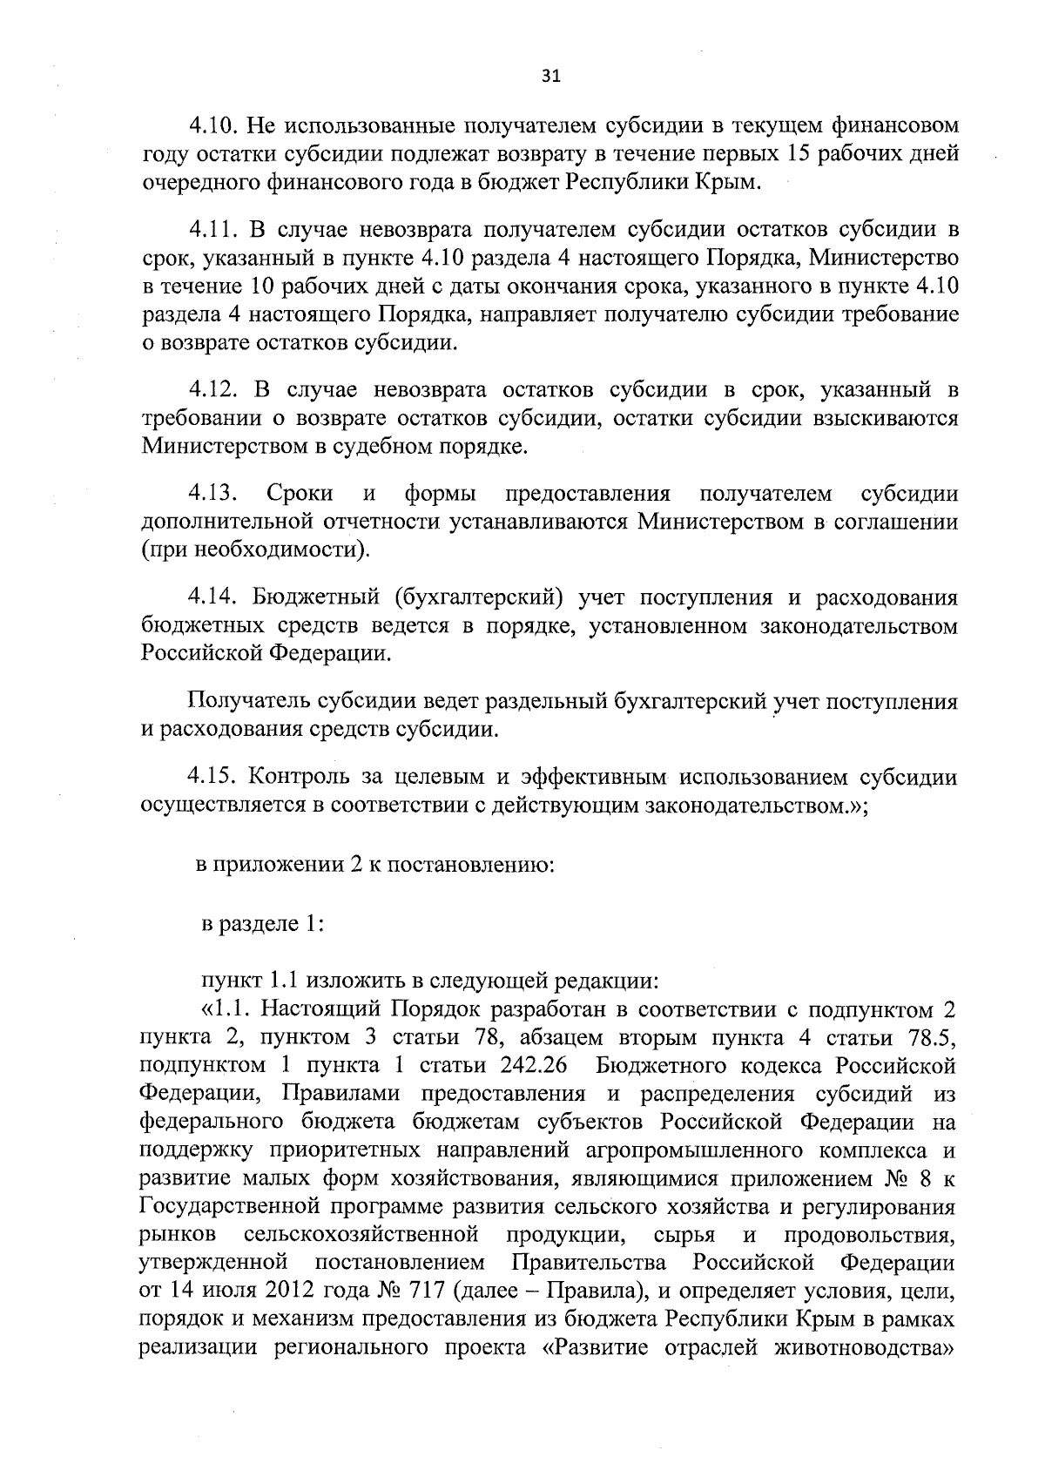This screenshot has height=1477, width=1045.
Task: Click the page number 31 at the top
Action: pyautogui.click(x=550, y=76)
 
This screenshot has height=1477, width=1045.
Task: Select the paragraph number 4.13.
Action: pyautogui.click(x=213, y=494)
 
